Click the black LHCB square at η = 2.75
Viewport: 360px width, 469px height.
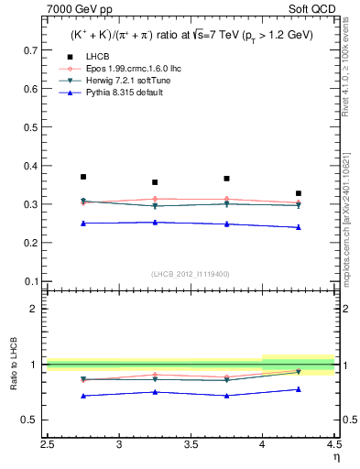[x=83, y=177]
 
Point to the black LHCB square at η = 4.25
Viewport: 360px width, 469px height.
[x=299, y=193]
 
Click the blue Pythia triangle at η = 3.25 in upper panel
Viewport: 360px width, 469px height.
[x=155, y=222]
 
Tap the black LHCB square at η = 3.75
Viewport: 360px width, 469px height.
[x=227, y=179]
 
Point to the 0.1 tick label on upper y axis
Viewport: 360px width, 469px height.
[x=31, y=281]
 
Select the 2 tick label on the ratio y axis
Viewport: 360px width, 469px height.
[x=35, y=309]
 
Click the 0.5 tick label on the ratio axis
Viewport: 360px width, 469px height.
[x=31, y=420]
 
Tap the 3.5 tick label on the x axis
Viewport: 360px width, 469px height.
[x=191, y=445]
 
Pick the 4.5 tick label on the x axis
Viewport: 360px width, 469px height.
[x=333, y=445]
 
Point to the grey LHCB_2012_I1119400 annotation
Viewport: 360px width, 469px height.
[x=191, y=274]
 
